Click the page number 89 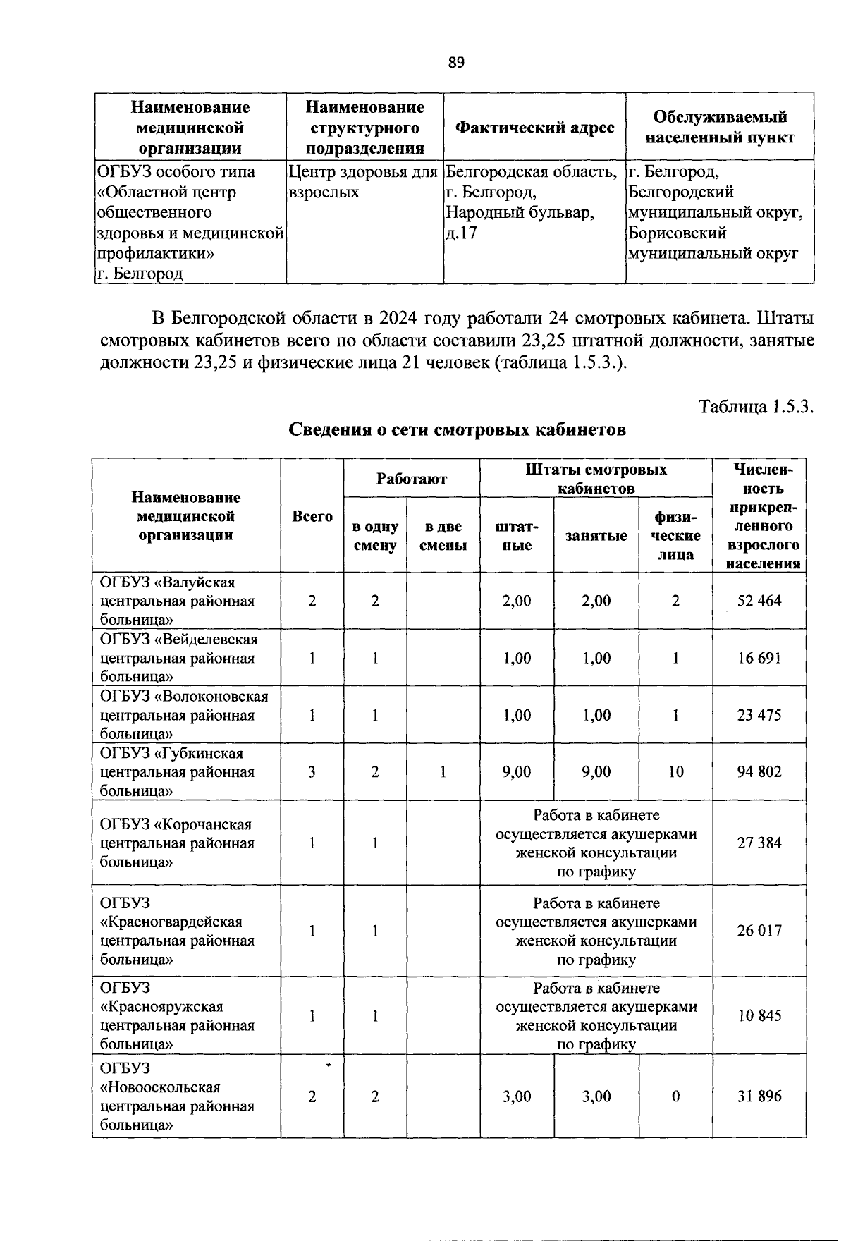[456, 63]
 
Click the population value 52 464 [759, 601]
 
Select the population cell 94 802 [759, 771]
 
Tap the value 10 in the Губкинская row [675, 771]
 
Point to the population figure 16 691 [759, 658]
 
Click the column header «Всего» [312, 516]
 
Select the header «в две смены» [443, 536]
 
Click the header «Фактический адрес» [534, 128]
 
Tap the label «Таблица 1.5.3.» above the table [756, 407]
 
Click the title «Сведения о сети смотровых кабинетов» [457, 429]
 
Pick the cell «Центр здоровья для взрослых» [363, 182]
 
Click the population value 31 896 [759, 1096]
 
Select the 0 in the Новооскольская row [675, 1096]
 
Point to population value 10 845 [759, 1016]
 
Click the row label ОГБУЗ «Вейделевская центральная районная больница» [178, 658]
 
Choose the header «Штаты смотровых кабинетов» [596, 479]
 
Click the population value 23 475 [759, 715]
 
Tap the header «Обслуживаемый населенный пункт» [720, 127]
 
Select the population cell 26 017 [759, 931]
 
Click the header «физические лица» [675, 536]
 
